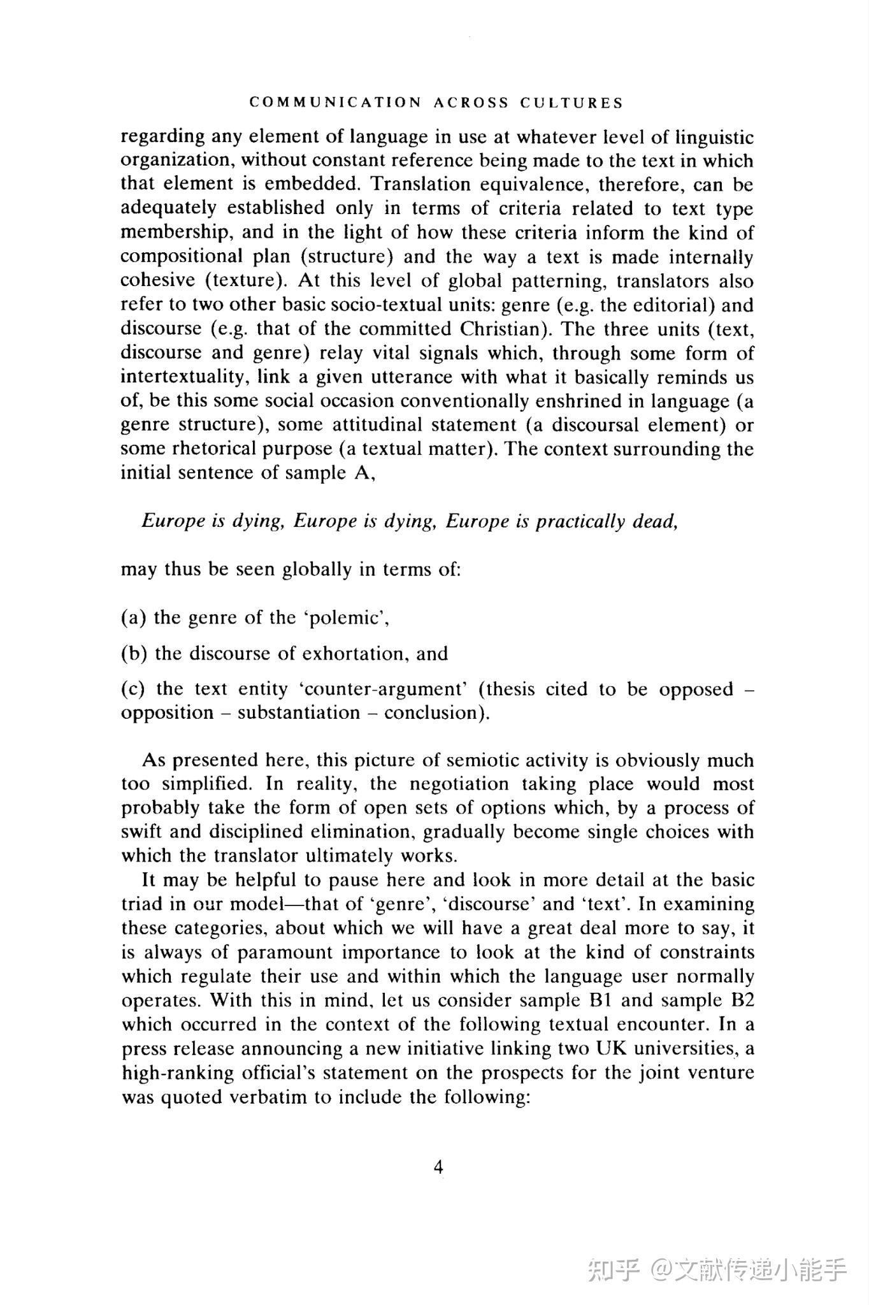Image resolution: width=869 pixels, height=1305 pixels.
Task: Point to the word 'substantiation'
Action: (x=299, y=712)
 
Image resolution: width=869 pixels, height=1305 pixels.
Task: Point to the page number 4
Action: (x=438, y=1167)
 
